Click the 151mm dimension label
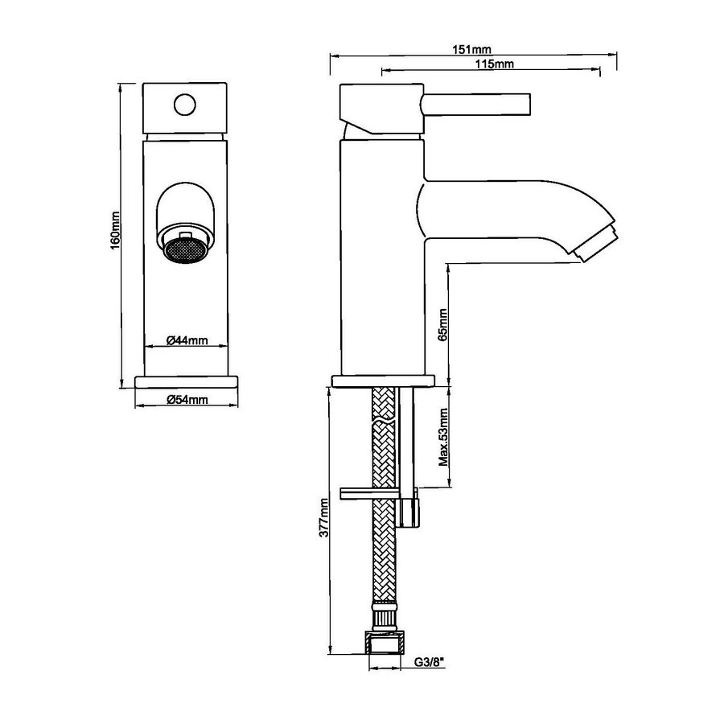(475, 50)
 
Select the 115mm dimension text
(495, 64)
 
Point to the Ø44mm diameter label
(187, 340)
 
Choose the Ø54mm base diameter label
(187, 400)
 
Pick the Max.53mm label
(442, 438)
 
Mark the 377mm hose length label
(323, 517)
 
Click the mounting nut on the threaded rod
(409, 512)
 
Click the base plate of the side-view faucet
(384, 381)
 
